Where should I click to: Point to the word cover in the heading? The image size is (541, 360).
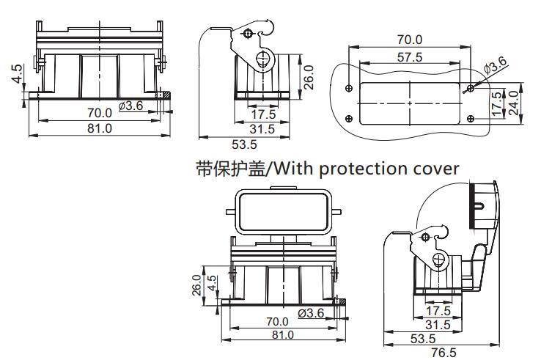coord(433,168)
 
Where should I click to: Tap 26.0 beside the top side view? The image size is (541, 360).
coord(308,75)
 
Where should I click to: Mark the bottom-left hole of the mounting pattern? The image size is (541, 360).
coord(350,119)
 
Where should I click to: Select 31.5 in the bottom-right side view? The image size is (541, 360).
coord(438,324)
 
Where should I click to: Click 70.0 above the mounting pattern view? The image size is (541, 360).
coord(409,40)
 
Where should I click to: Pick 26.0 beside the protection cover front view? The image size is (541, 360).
coord(196,284)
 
